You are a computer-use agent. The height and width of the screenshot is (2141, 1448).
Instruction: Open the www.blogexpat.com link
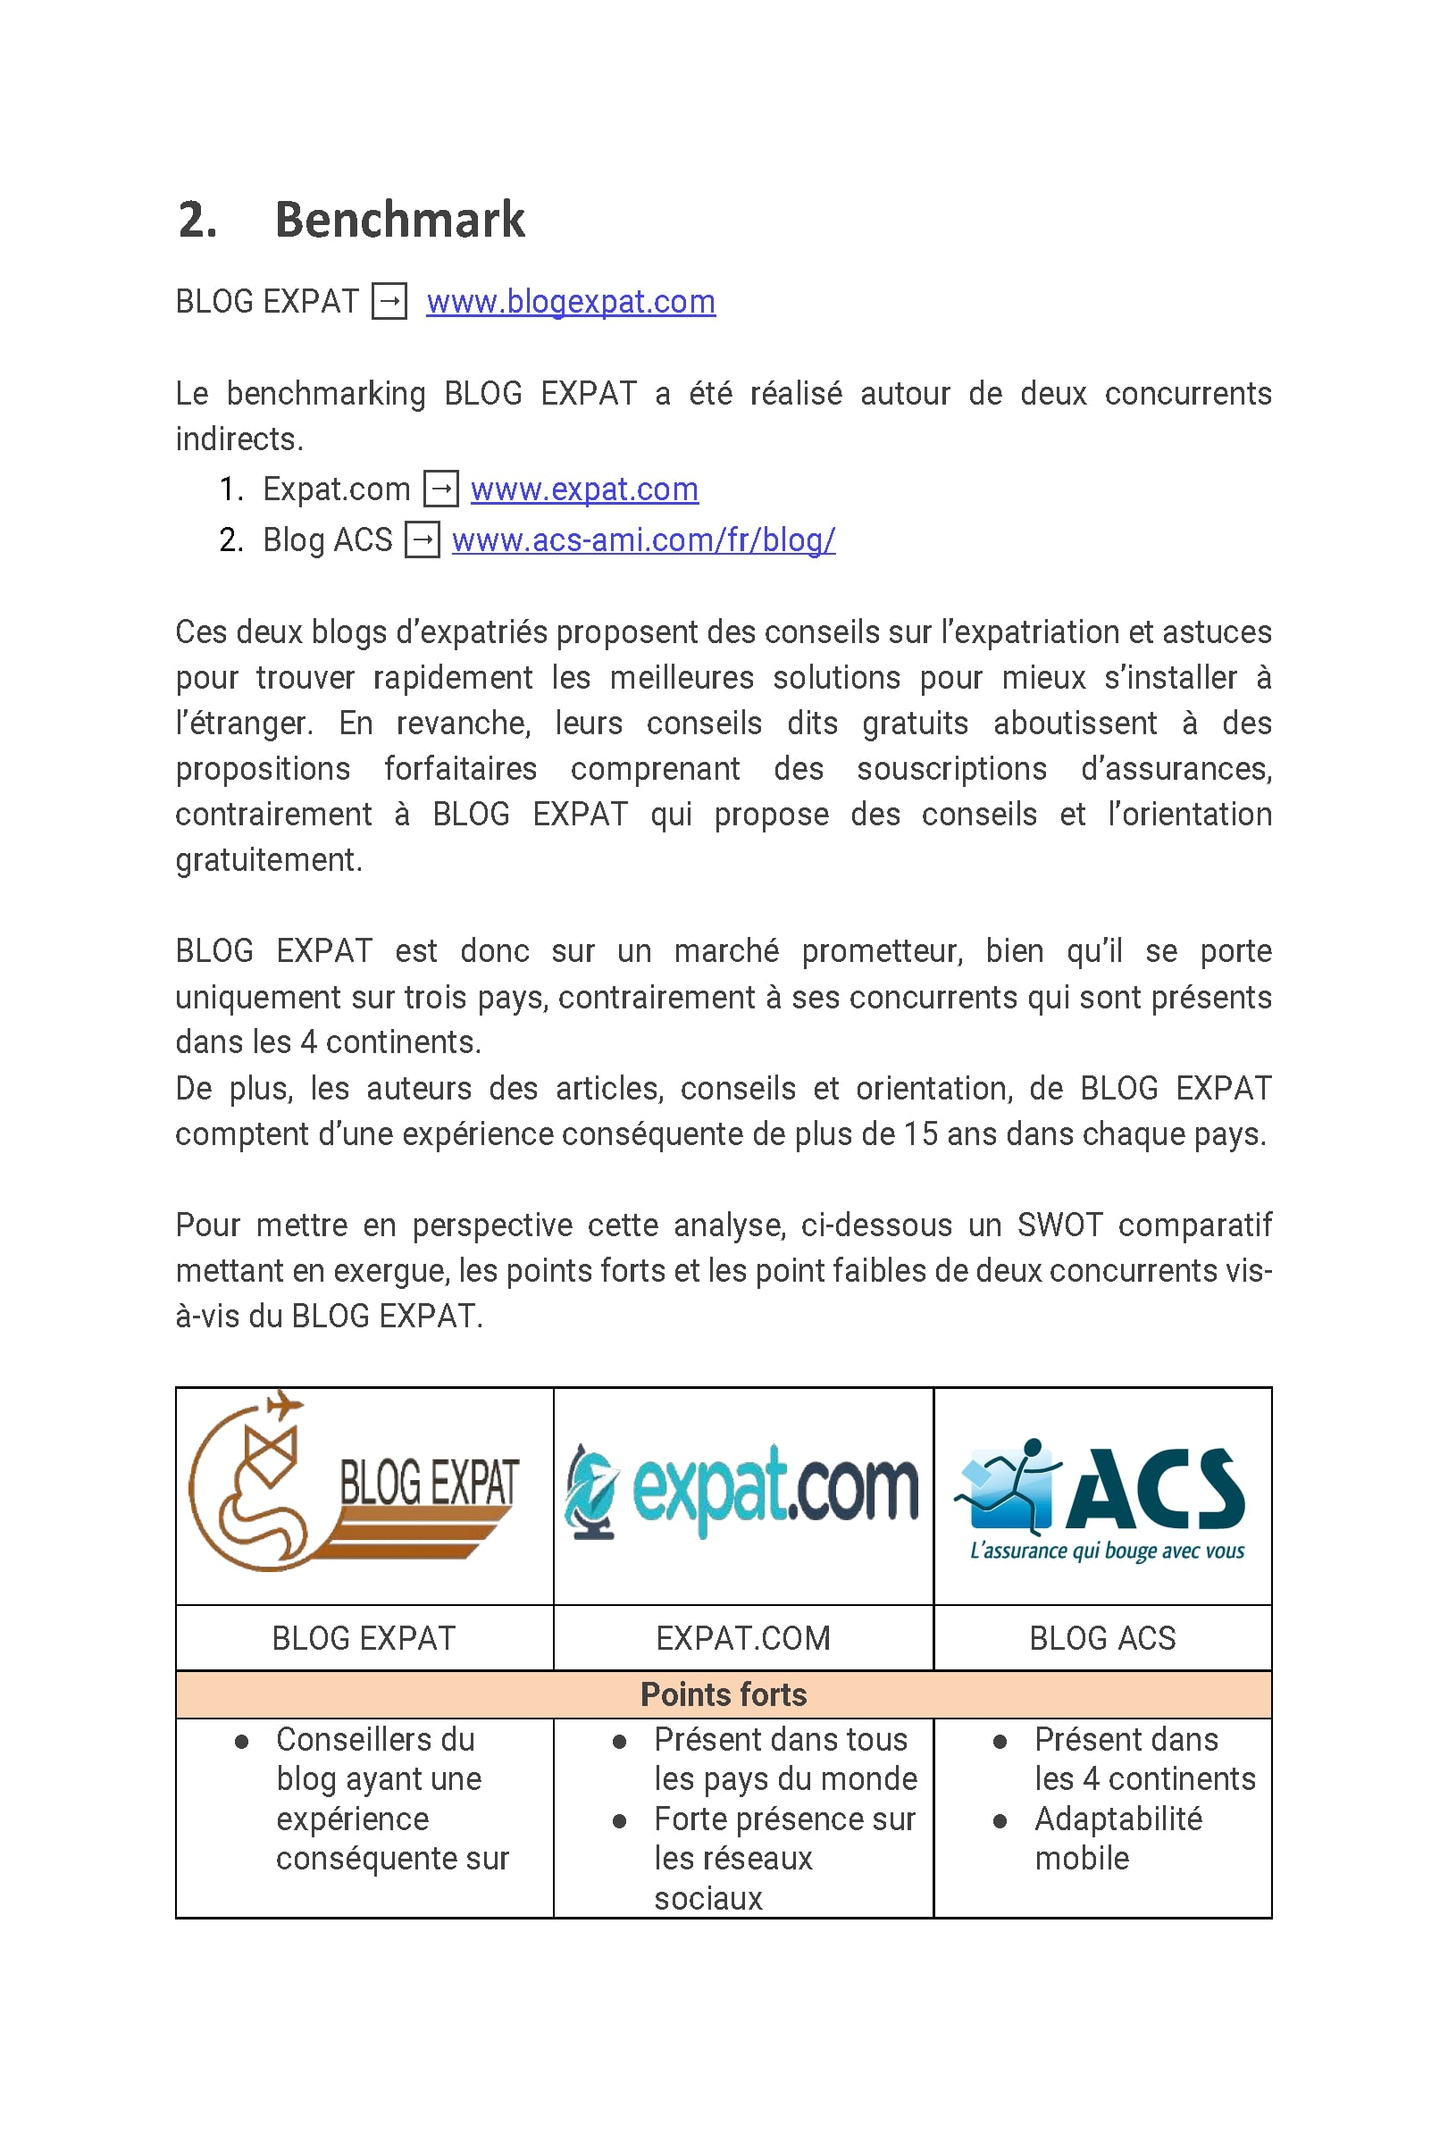pos(570,302)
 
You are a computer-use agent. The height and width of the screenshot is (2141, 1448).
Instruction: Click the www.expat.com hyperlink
pos(584,489)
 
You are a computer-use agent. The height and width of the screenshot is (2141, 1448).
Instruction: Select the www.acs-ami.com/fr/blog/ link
pos(643,539)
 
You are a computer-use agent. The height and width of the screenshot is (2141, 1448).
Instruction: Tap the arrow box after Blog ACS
pos(422,539)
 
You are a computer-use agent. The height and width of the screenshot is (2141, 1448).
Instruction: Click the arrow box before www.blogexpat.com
pos(389,302)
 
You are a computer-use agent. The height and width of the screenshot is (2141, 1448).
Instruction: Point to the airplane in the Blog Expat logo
pos(284,1406)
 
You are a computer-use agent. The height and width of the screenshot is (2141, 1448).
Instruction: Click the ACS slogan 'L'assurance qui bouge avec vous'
pos(1106,1551)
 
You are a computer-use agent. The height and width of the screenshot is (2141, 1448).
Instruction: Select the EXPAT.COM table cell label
pos(742,1639)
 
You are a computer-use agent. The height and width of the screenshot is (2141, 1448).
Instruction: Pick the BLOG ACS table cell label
pos(1101,1639)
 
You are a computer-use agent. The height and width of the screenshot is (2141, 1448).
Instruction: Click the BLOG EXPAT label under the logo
pos(364,1639)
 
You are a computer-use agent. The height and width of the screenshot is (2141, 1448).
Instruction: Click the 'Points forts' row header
pos(723,1695)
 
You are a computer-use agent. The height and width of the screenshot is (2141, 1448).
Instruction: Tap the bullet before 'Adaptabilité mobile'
pos(1000,1821)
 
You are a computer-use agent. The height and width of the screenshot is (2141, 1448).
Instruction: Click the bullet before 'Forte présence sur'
pos(620,1821)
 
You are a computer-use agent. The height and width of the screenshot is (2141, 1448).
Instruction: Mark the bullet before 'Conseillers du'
pos(241,1742)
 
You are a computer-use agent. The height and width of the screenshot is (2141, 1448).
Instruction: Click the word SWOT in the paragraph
pos(1059,1225)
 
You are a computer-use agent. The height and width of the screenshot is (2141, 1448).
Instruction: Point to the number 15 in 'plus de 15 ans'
pos(919,1134)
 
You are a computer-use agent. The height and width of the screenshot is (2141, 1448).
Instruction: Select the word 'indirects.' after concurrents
pos(239,439)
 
